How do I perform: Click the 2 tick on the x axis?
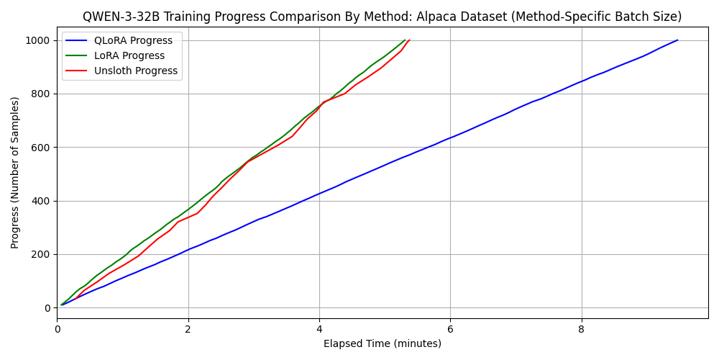(x=188, y=329)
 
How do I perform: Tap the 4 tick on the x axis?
(x=319, y=329)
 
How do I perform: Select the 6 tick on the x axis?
(x=450, y=329)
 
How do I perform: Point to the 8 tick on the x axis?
(x=581, y=329)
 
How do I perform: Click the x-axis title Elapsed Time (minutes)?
(x=383, y=343)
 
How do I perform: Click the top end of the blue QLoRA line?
(x=677, y=40)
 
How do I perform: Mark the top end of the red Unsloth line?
(x=409, y=40)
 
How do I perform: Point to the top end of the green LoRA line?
(x=406, y=40)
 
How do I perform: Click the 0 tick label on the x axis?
(x=58, y=329)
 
